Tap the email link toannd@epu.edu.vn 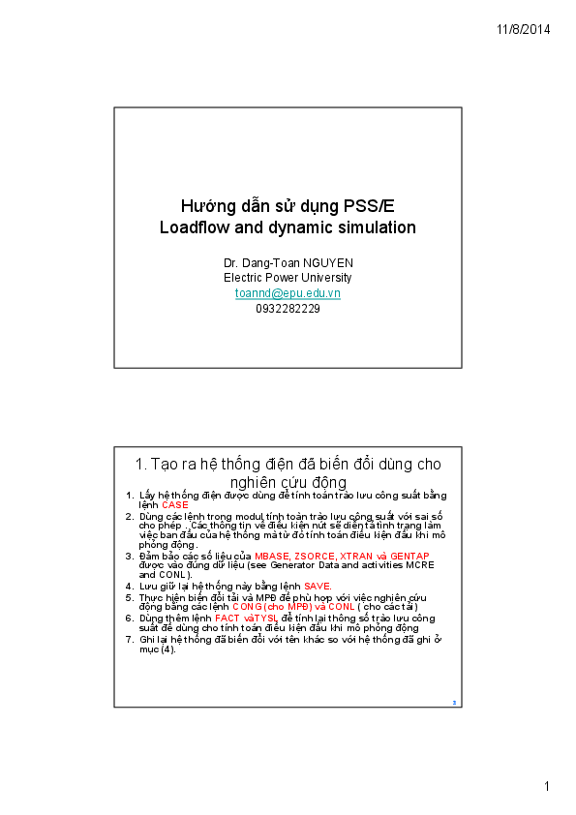[288, 292]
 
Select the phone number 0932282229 [288, 308]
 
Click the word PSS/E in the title [368, 206]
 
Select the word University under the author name [325, 278]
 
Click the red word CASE [175, 505]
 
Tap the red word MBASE [272, 556]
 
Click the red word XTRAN [349, 556]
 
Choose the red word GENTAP [408, 556]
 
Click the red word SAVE [318, 587]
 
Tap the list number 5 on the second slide [130, 597]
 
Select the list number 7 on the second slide [130, 640]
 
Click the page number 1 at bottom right [546, 786]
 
